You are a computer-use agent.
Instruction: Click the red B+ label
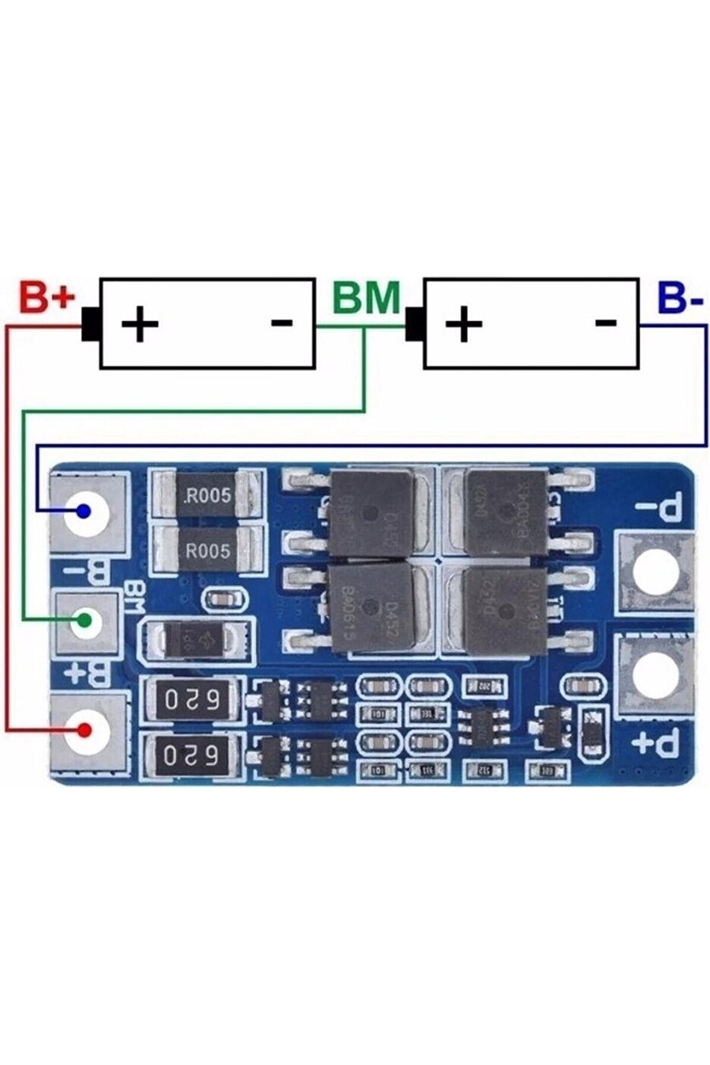click(x=47, y=297)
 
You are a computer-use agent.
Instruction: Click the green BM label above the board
click(x=366, y=297)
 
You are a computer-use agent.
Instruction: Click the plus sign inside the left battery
click(x=140, y=324)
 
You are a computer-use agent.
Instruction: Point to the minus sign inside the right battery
click(x=606, y=323)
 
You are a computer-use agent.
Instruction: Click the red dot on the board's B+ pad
click(x=86, y=729)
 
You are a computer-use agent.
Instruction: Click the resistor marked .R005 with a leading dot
click(x=207, y=495)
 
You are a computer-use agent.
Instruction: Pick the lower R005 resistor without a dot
click(x=207, y=550)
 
